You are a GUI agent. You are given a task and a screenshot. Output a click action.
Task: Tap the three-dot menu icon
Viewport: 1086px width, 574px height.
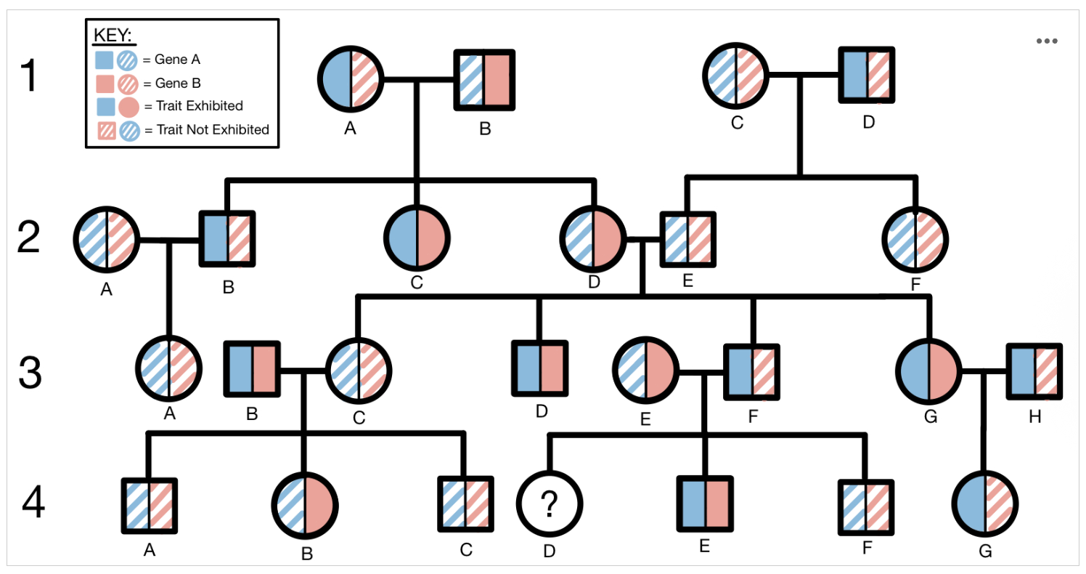[1046, 41]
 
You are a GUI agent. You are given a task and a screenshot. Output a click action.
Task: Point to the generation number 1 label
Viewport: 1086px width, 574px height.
[28, 77]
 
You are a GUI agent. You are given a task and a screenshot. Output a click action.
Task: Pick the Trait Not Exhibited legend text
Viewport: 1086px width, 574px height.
[206, 130]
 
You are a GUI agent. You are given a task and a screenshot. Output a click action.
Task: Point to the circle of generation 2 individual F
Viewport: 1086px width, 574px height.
[915, 239]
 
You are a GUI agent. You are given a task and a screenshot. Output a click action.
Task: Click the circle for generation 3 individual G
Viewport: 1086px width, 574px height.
[928, 371]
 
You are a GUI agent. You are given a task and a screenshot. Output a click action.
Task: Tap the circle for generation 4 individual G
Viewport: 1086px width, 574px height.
[984, 503]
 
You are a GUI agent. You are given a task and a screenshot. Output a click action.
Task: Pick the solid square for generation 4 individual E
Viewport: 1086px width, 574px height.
[704, 503]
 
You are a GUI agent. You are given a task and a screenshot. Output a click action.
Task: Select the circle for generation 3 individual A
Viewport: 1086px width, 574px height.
[170, 369]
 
